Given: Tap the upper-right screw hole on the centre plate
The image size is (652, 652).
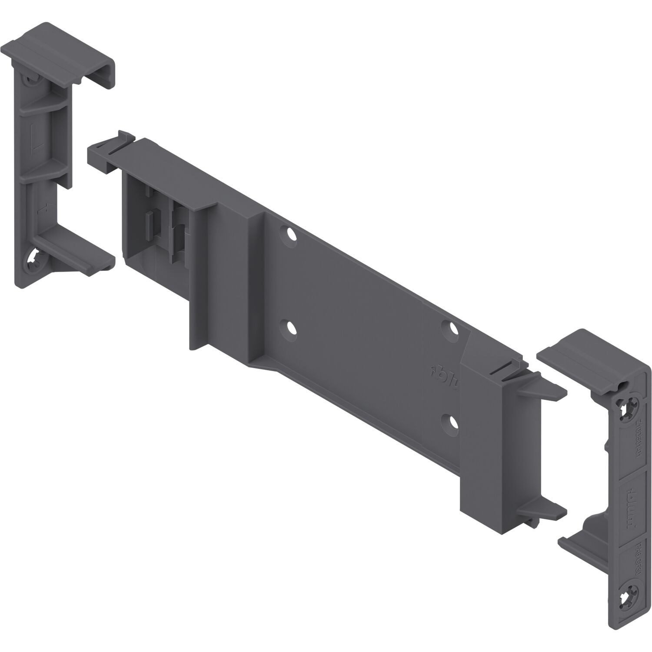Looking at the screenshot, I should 449,328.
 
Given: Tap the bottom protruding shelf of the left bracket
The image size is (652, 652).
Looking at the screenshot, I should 78,257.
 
